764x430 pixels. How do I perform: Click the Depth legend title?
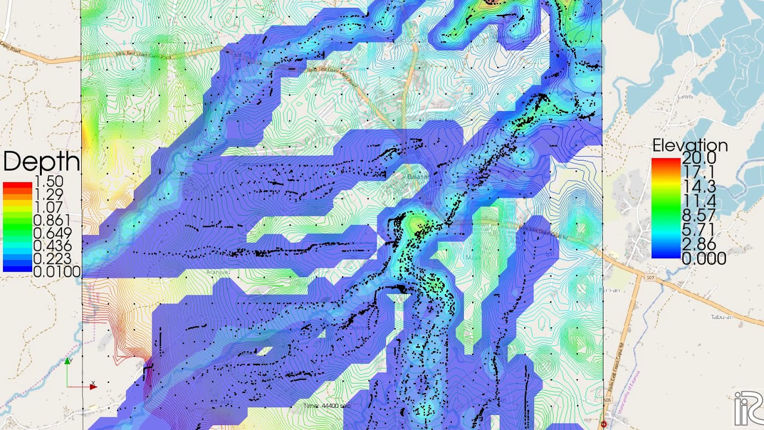[41, 161]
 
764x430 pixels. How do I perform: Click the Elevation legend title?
[689, 146]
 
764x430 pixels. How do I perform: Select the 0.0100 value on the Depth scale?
[57, 272]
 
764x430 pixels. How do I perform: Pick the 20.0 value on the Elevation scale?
[699, 158]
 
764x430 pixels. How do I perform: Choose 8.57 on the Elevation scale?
[699, 215]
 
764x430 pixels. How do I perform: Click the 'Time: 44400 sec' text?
[326, 406]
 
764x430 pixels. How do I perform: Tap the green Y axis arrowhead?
[68, 361]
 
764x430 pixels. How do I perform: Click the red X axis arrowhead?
[93, 386]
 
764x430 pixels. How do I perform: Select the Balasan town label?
[418, 177]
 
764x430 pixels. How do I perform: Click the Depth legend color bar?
[17, 227]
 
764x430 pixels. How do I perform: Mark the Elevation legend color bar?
[666, 208]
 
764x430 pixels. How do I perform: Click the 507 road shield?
[651, 277]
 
